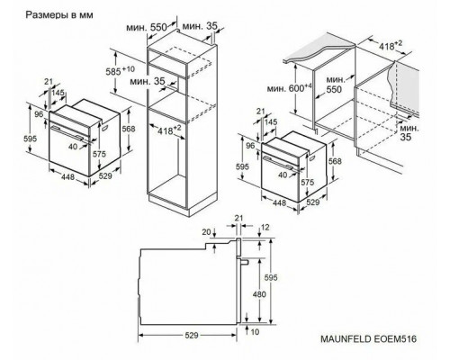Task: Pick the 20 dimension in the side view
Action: [x=205, y=231]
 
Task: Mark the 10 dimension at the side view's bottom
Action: [x=256, y=331]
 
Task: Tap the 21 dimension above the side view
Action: [x=238, y=216]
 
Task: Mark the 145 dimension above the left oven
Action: [x=59, y=93]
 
